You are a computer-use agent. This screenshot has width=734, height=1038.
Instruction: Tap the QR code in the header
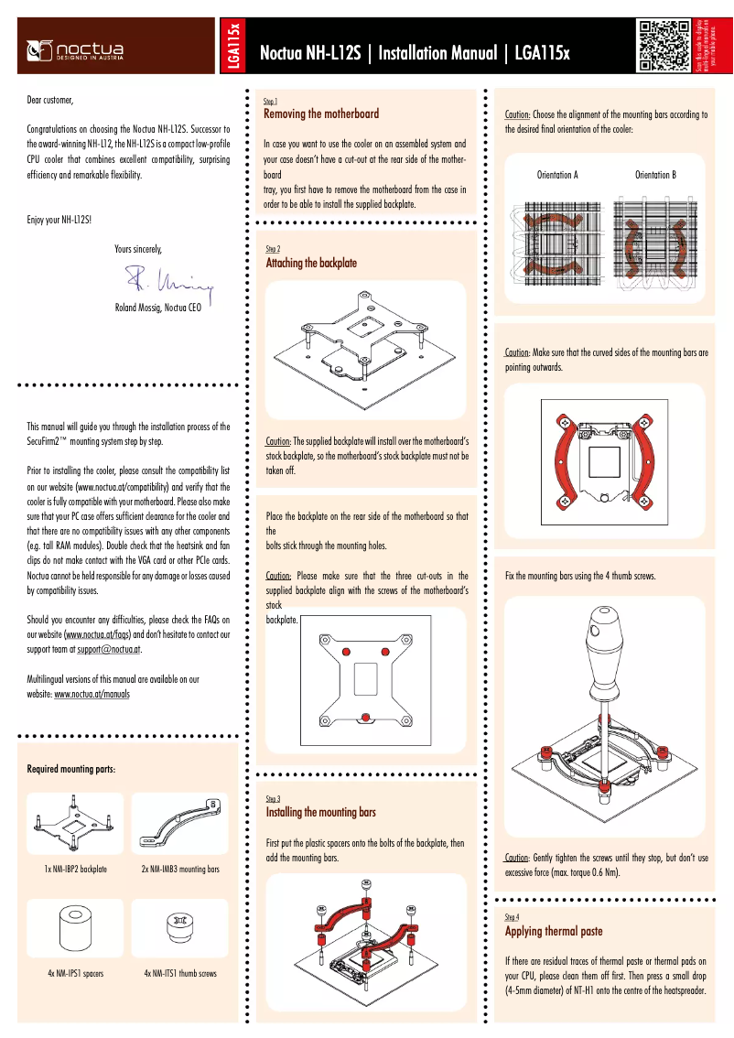pos(664,45)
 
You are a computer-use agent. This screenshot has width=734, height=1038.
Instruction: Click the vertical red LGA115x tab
pos(234,46)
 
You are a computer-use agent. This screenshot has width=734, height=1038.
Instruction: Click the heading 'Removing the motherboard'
pos(320,114)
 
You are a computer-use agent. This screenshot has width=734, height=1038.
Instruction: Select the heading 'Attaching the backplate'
pos(311,263)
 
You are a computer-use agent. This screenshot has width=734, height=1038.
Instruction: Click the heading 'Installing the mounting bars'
pos(320,812)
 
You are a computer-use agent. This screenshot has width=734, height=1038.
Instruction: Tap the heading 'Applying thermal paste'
pos(554,931)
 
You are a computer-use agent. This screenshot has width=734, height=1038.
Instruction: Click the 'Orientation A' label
pos(556,174)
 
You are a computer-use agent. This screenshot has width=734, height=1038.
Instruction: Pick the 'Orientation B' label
pos(655,174)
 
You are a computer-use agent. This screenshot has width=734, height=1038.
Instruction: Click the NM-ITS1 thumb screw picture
pos(178,926)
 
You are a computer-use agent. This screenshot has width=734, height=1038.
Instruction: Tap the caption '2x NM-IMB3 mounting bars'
pos(180,868)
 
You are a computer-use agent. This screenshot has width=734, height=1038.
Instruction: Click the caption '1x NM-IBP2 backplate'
pos(76,868)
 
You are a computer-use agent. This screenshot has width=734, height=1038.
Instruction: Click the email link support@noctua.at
pos(108,648)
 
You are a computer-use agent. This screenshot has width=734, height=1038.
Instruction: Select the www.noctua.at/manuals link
pos(92,694)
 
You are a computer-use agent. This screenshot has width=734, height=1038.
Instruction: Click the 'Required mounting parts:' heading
pos(70,769)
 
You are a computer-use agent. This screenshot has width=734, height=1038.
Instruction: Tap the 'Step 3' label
pos(273,798)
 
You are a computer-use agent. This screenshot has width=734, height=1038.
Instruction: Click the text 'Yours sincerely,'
pos(138,248)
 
